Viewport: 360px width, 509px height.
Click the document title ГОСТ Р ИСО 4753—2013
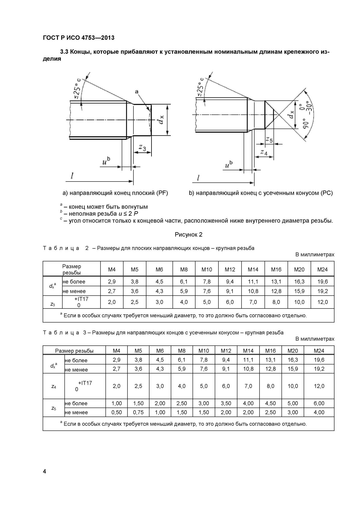(x=79, y=38)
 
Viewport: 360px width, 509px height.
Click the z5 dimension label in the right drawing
(x=269, y=140)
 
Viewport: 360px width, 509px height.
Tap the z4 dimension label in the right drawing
(x=264, y=152)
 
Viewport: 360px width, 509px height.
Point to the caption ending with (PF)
(x=115, y=193)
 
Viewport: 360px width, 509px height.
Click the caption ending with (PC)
(x=261, y=193)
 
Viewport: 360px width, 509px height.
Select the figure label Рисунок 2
(x=188, y=234)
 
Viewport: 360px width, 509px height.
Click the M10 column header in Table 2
(x=206, y=270)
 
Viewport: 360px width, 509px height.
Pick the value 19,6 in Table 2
(x=322, y=282)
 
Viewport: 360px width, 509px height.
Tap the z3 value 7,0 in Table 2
(x=253, y=302)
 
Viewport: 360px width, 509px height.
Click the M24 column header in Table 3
(x=319, y=351)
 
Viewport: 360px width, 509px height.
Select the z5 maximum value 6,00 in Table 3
(x=319, y=403)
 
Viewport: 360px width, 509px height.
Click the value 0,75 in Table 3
(x=138, y=412)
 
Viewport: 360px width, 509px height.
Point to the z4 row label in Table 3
(x=53, y=386)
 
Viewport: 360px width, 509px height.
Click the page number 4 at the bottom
(x=45, y=471)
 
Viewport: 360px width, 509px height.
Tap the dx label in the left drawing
(x=160, y=120)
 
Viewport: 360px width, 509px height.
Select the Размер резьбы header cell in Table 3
(x=74, y=351)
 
